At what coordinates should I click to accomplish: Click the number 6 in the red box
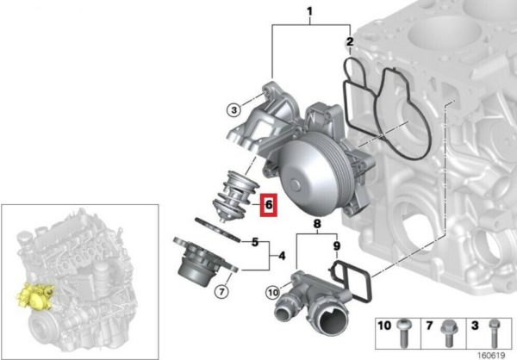[269, 205]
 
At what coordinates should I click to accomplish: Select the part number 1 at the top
[309, 12]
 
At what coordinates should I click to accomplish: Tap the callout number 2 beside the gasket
[350, 42]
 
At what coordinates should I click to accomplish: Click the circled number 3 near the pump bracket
[234, 109]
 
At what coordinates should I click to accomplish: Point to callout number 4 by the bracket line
[282, 256]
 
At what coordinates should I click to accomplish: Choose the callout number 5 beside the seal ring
[255, 242]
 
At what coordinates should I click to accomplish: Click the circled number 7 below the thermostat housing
[221, 291]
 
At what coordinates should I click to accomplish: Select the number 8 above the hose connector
[317, 224]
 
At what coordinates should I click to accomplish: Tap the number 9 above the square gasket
[337, 246]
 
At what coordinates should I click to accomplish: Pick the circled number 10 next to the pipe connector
[273, 292]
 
